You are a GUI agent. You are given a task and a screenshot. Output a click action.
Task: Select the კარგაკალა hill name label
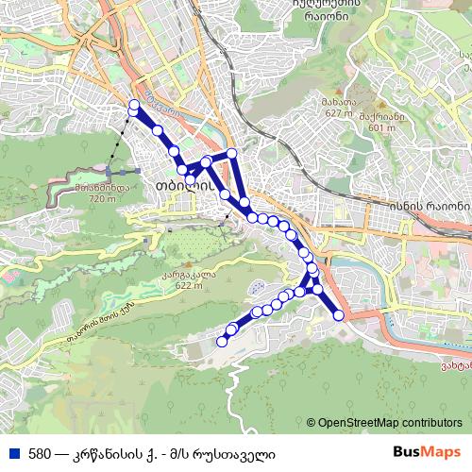[x=176, y=276]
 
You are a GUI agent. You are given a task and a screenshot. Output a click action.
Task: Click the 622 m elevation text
[x=176, y=286]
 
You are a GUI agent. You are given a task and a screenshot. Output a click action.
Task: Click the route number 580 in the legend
[x=40, y=454]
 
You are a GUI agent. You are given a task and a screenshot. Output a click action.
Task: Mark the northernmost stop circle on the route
[x=134, y=105]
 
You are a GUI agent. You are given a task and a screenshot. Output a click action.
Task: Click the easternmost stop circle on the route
[x=339, y=315]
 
